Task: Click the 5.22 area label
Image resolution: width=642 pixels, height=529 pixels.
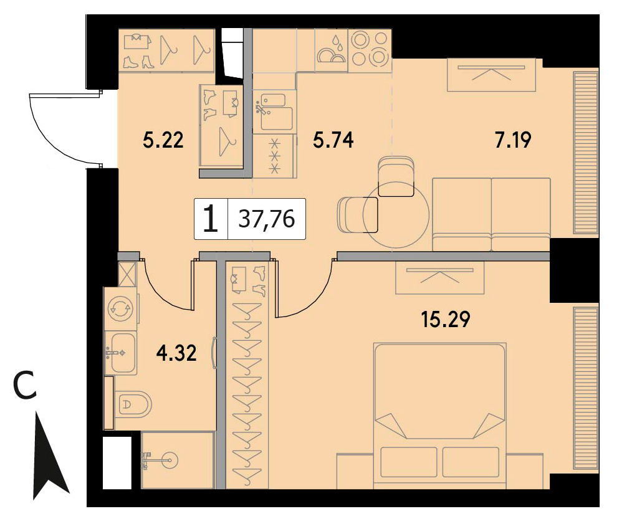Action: pos(163,140)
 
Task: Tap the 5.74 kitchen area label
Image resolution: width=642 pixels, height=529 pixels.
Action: pos(333,140)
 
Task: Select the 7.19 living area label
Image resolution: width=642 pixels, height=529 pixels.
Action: pos(512,140)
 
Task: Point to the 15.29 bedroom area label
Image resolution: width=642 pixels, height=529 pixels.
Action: pos(446,320)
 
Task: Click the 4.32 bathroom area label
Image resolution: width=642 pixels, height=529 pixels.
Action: pos(176,353)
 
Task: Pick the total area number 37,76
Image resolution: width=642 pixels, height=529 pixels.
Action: pos(267,219)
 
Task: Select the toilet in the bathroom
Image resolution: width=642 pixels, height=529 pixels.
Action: pos(133,404)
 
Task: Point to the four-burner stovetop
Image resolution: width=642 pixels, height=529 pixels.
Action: pos(370,49)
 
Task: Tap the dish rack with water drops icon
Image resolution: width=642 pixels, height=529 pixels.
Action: pos(331,50)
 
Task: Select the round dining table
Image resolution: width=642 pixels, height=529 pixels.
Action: pos(396,216)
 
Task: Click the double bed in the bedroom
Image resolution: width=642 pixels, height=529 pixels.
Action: pos(440,416)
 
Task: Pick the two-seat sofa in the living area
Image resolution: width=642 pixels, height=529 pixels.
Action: pos(491,214)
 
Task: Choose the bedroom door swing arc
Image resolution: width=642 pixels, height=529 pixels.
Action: pos(308,299)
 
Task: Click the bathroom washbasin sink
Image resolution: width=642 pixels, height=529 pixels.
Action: pos(122,353)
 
